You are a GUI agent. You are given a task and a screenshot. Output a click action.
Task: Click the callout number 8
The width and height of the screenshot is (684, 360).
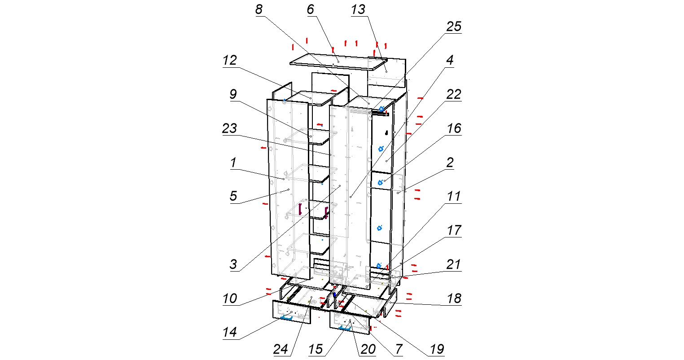click(259, 9)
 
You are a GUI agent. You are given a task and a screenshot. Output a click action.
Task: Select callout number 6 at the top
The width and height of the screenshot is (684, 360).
click(310, 9)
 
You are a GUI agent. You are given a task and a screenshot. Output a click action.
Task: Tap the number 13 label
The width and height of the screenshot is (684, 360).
click(358, 9)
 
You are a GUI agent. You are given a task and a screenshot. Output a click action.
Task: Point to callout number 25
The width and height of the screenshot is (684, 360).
click(454, 26)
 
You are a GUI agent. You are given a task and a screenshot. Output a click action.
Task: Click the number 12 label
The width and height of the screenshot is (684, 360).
click(230, 61)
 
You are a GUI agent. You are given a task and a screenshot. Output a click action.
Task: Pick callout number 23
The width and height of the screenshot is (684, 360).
click(230, 128)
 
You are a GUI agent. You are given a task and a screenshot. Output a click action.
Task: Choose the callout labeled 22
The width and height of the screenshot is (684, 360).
click(454, 95)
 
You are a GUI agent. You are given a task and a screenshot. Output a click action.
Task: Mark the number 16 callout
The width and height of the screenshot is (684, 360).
click(454, 128)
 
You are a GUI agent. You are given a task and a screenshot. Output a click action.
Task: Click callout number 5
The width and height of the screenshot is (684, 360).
click(233, 196)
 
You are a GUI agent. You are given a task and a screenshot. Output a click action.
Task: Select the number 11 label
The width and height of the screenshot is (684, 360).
click(454, 196)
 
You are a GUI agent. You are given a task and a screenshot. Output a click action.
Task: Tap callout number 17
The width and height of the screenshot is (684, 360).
click(454, 231)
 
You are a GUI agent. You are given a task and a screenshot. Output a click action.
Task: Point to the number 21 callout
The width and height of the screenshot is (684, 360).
click(454, 264)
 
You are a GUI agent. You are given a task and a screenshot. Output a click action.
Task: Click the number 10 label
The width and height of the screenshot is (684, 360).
click(230, 299)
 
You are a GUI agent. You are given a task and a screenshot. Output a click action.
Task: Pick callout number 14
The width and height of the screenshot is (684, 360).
click(230, 333)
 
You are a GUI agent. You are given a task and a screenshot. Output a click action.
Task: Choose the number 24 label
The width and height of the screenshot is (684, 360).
click(281, 349)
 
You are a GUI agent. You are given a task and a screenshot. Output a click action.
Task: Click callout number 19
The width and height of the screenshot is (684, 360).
click(437, 349)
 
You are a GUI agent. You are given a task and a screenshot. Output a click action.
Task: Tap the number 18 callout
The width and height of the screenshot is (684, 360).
click(454, 299)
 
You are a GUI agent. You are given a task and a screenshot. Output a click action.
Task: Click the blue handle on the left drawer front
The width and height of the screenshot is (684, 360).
click(286, 318)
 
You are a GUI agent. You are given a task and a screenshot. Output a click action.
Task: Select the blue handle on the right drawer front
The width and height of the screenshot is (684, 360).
click(344, 328)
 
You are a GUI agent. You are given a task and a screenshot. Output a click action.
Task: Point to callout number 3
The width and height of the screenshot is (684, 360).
click(233, 264)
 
